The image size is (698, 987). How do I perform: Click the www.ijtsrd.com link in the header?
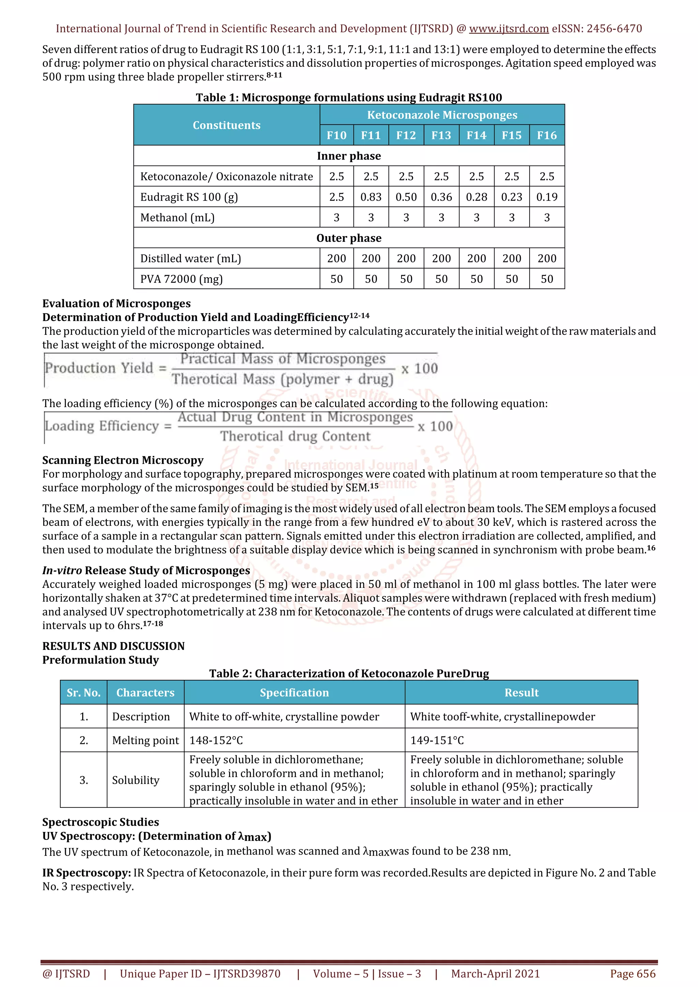[x=509, y=29]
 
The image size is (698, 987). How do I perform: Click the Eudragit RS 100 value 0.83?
[x=371, y=197]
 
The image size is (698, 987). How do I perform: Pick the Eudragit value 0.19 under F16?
[x=547, y=197]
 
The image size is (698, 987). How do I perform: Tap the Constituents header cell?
[x=226, y=125]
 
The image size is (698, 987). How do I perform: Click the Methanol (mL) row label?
[x=177, y=218]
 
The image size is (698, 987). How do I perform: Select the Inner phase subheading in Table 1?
[x=349, y=156]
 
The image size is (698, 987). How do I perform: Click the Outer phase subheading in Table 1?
[x=349, y=238]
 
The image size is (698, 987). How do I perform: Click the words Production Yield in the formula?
[x=99, y=368]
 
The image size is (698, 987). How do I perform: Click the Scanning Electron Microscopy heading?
[x=123, y=460]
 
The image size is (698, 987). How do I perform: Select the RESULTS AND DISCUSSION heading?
[x=113, y=646]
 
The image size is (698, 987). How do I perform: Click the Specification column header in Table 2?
[x=294, y=692]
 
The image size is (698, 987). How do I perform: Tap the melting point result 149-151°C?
[x=437, y=740]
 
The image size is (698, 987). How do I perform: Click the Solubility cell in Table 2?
[x=135, y=780]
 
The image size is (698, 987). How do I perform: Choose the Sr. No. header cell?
[x=84, y=692]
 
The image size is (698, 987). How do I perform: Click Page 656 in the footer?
[x=632, y=974]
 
